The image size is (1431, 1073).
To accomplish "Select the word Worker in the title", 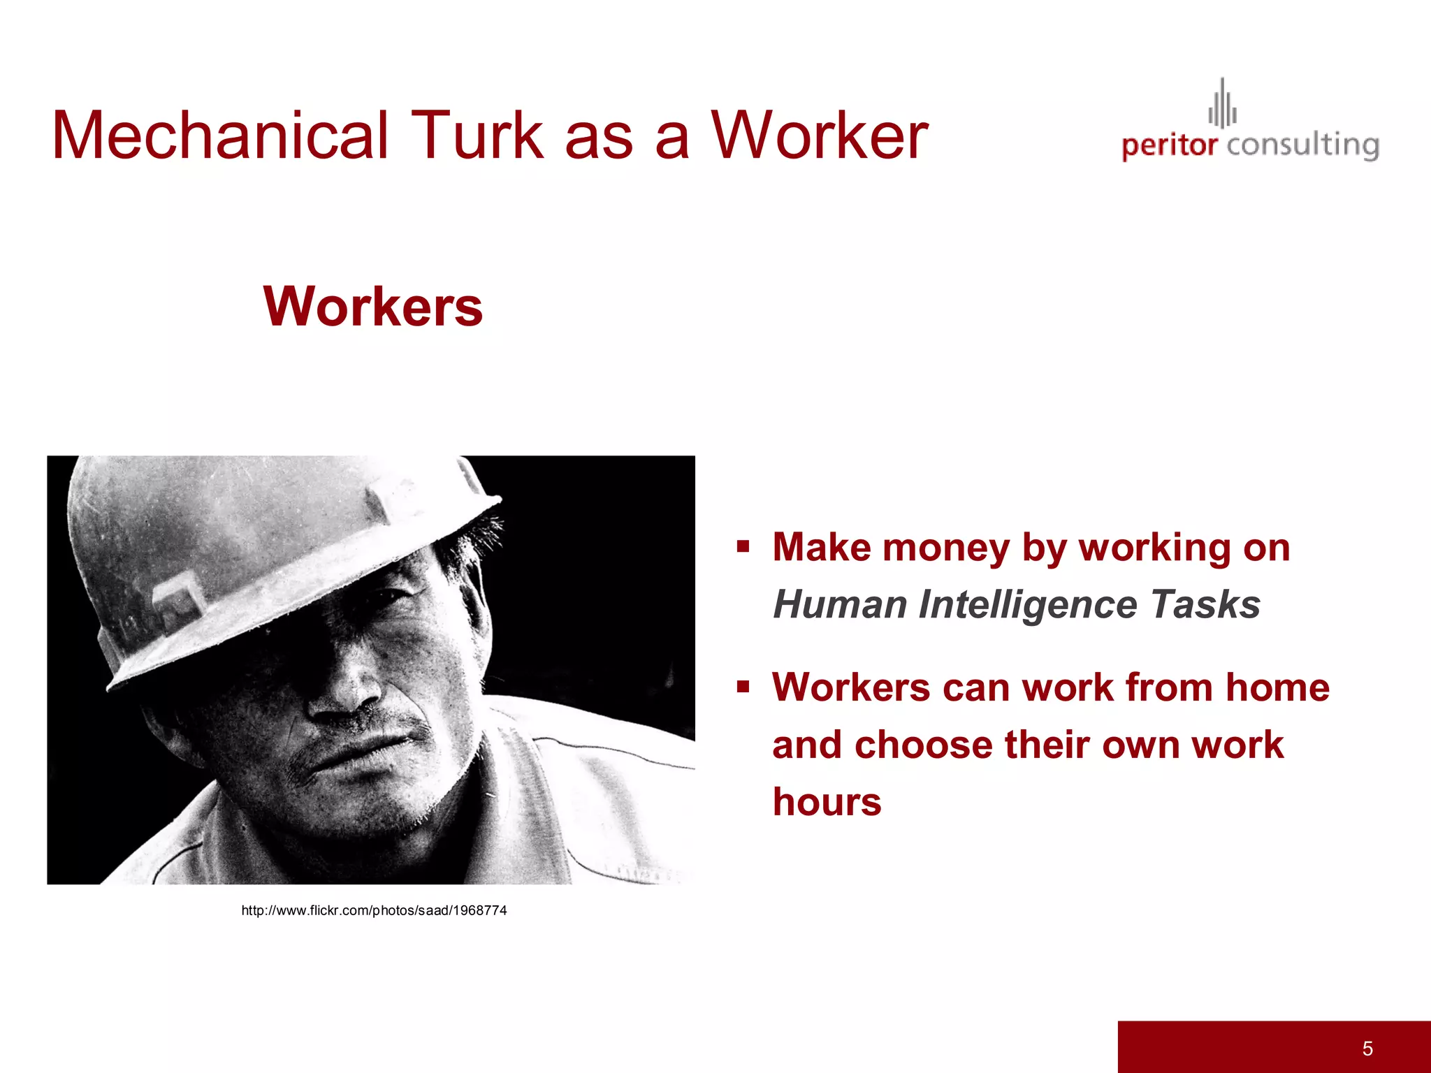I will point(819,136).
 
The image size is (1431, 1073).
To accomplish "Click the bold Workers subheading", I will point(373,307).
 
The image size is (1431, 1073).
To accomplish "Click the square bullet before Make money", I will point(743,546).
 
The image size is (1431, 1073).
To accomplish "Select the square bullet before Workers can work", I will point(743,687).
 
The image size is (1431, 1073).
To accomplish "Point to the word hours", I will point(827,802).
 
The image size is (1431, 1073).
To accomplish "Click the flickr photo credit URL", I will point(374,910).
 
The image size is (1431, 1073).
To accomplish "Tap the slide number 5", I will point(1367,1048).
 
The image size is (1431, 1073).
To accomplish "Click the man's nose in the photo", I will point(346,688).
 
